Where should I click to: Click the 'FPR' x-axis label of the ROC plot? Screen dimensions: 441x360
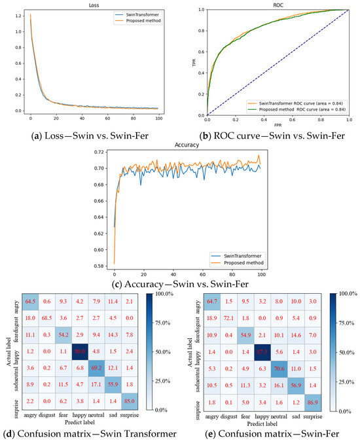[x=278, y=124]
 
